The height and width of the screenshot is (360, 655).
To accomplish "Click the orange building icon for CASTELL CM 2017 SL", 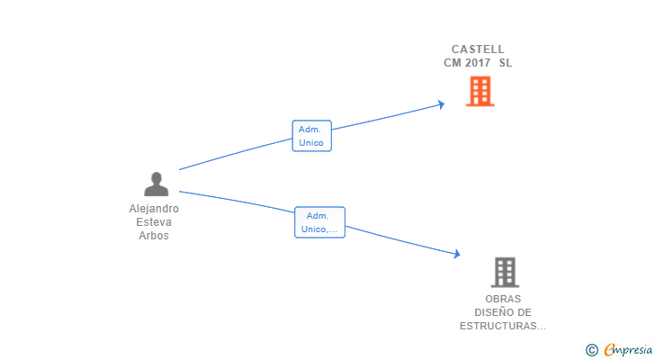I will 480,91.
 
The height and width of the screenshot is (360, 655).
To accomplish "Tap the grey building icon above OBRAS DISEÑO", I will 505,272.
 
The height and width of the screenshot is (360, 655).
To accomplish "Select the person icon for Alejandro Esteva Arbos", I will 156,184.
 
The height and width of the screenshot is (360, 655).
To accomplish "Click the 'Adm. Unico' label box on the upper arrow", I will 311,136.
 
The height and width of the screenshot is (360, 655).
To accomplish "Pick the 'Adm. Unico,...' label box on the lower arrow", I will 319,222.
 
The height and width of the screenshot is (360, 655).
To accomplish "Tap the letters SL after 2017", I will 506,63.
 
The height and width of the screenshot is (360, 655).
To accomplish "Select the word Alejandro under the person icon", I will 154,209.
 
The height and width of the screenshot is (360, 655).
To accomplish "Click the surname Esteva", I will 154,222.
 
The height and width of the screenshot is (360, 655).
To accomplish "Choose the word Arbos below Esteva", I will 154,236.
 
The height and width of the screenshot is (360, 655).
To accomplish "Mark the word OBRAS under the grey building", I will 503,299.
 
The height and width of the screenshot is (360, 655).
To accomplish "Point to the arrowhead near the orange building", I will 441,104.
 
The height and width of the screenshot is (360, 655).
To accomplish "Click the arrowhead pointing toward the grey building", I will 456,255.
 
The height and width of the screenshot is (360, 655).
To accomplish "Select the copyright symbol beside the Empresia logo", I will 591,349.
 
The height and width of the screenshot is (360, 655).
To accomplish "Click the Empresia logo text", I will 627,349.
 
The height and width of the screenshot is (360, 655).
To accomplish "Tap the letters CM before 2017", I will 452,63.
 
